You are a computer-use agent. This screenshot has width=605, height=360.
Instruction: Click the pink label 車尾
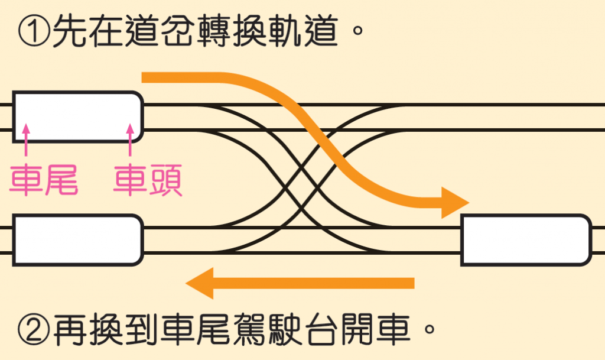(x=44, y=180)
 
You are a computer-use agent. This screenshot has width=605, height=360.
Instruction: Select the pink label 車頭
(x=148, y=180)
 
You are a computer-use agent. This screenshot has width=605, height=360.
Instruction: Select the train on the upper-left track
(x=77, y=116)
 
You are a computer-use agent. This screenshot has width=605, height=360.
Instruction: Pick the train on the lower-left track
(x=77, y=239)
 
